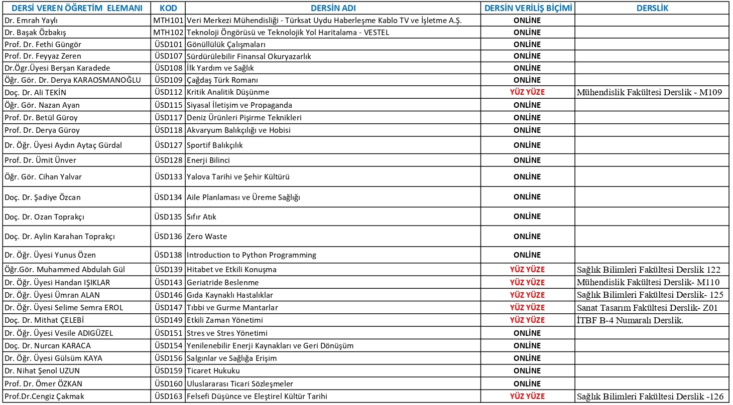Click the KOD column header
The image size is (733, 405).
click(168, 9)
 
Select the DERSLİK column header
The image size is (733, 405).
click(652, 9)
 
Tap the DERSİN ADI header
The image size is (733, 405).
click(333, 9)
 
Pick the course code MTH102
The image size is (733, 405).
click(168, 33)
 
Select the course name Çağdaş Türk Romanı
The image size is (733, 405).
click(222, 80)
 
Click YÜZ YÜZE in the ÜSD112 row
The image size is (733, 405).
click(527, 92)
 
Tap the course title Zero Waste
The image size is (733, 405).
click(207, 237)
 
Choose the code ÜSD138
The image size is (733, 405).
click(168, 255)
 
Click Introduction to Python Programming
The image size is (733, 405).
click(251, 255)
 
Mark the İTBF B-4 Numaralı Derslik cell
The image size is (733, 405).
click(630, 320)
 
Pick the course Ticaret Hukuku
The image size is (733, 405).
click(213, 371)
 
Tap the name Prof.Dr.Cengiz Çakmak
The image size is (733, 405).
click(43, 396)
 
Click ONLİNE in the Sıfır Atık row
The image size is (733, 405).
click(527, 217)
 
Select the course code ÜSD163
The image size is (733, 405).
click(168, 396)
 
